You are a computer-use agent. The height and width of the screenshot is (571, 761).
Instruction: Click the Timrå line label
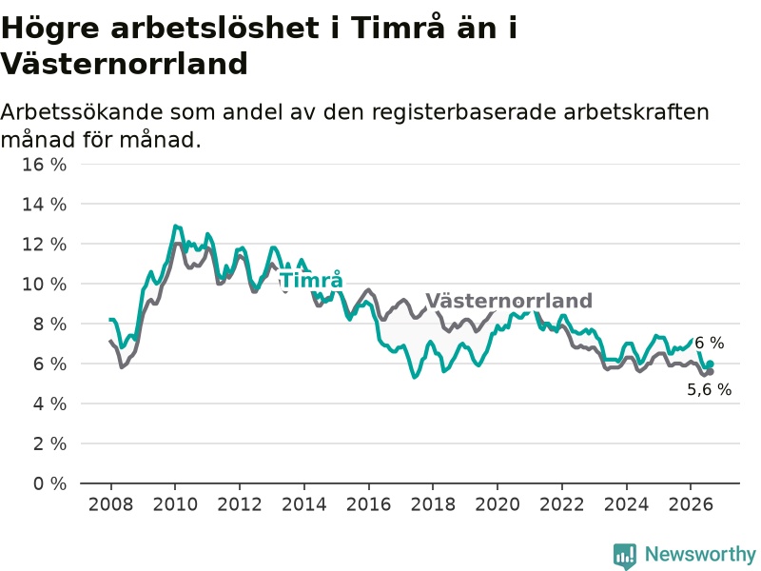[x=312, y=280]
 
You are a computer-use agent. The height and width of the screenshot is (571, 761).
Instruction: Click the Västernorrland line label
[x=509, y=301]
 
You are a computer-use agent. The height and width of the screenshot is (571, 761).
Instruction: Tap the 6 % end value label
[x=710, y=343]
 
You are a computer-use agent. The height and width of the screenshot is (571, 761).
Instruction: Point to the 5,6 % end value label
[x=709, y=389]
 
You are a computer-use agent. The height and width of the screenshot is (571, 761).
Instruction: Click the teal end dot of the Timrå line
[x=710, y=364]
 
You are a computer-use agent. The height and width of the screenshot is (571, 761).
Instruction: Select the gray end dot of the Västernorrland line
[x=710, y=372]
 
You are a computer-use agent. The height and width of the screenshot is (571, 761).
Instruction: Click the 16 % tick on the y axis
[x=44, y=164]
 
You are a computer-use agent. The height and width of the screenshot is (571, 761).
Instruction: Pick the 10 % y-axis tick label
[x=44, y=284]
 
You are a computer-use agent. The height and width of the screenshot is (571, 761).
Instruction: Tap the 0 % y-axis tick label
[x=49, y=483]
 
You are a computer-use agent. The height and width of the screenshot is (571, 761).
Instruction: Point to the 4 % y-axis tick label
[x=49, y=404]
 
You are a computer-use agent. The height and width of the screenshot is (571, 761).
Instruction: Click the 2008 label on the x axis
[x=110, y=504]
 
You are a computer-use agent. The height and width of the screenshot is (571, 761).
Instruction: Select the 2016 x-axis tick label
[x=368, y=504]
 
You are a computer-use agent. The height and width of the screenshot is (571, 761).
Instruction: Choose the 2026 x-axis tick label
[x=691, y=504]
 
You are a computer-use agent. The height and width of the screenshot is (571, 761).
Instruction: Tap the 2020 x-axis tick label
[x=498, y=504]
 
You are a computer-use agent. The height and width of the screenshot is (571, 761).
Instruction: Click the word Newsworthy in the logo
[x=700, y=554]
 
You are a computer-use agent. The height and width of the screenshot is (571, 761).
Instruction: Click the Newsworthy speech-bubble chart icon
[x=625, y=556]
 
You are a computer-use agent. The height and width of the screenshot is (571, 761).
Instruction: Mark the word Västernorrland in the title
[x=125, y=64]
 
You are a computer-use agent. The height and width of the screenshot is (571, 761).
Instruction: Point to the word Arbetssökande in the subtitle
[x=82, y=112]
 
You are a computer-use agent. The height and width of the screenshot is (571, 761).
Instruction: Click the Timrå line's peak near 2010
[x=175, y=226]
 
